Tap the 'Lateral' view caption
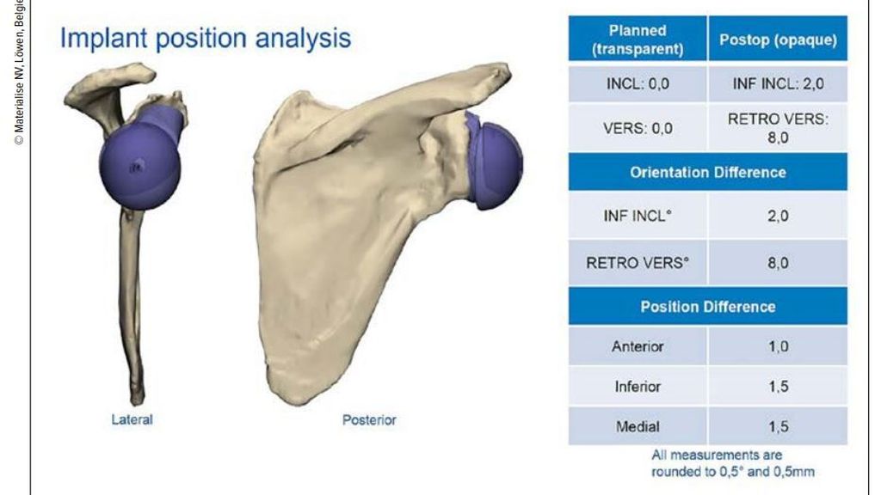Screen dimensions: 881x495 point(132,419)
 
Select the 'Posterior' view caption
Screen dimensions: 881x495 point(369,419)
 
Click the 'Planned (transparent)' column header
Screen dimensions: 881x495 point(638,40)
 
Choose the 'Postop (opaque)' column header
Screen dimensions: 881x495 point(778,40)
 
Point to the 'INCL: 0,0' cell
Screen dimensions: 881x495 point(638,84)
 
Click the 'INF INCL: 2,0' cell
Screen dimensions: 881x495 point(778,84)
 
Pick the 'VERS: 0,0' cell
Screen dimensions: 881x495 point(638,129)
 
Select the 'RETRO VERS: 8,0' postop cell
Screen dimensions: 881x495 point(778,129)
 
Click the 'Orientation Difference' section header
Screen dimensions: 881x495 point(708,172)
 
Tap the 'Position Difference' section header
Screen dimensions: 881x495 point(708,307)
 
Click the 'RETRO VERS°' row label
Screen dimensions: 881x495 point(638,263)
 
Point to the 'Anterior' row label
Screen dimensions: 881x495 point(638,346)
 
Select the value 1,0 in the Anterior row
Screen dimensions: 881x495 point(778,346)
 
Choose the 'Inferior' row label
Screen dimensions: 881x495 point(638,386)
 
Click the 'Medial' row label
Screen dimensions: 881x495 point(638,426)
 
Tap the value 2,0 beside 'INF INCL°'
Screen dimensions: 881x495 point(778,216)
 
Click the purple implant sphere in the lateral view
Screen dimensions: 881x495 point(140,167)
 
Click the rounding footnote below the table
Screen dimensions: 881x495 point(733,463)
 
